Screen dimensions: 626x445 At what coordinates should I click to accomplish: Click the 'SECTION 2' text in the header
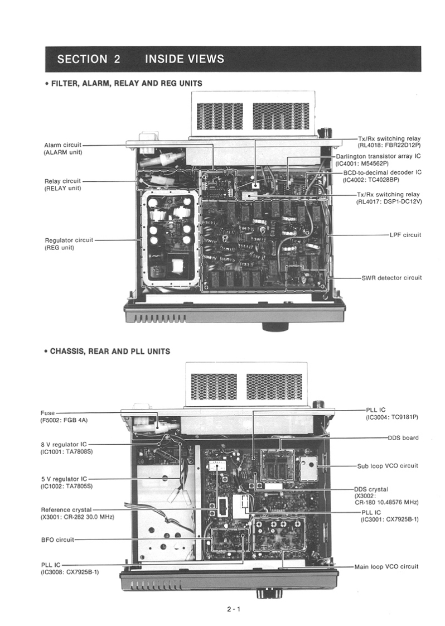[89, 59]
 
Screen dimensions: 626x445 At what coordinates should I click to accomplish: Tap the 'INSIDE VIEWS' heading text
[184, 59]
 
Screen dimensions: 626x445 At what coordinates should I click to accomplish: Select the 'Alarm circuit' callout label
[62, 145]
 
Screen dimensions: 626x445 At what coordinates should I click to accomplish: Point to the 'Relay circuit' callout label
[62, 181]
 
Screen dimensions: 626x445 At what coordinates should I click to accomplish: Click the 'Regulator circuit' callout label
[69, 240]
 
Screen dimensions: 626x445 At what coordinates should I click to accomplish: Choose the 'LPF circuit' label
[405, 235]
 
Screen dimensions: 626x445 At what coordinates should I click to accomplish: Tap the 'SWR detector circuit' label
[391, 277]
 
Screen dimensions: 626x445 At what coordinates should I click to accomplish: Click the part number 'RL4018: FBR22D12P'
[389, 145]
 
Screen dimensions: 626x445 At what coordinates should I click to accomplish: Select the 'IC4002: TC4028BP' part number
[371, 180]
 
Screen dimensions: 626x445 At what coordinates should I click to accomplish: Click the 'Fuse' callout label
[47, 413]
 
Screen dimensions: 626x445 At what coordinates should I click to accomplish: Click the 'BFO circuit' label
[57, 540]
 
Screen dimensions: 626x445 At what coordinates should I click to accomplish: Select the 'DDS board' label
[403, 438]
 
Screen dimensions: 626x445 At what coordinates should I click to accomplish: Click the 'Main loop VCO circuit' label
[386, 566]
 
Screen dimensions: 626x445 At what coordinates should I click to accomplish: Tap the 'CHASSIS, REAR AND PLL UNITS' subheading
[110, 351]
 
